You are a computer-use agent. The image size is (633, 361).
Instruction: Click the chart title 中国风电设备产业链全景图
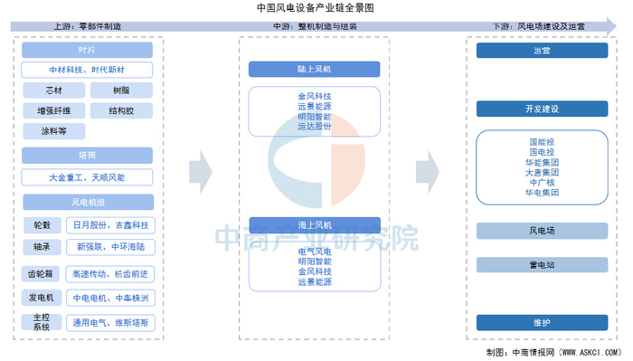pos(316,7)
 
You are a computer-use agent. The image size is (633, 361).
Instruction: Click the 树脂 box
pos(121,91)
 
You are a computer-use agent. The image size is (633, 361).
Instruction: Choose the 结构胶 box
pos(121,111)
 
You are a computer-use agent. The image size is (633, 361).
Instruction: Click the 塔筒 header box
pos(87,155)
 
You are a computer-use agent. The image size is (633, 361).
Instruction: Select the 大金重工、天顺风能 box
pos(87,177)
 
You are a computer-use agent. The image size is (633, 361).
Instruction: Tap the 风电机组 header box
pos(87,200)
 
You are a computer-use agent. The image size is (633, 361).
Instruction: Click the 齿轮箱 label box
pos(42,272)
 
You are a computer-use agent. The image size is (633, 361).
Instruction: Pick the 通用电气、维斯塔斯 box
pos(113,321)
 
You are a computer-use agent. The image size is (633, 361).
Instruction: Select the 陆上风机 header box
pos(315,68)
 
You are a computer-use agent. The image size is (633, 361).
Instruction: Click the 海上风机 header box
pos(315,223)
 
